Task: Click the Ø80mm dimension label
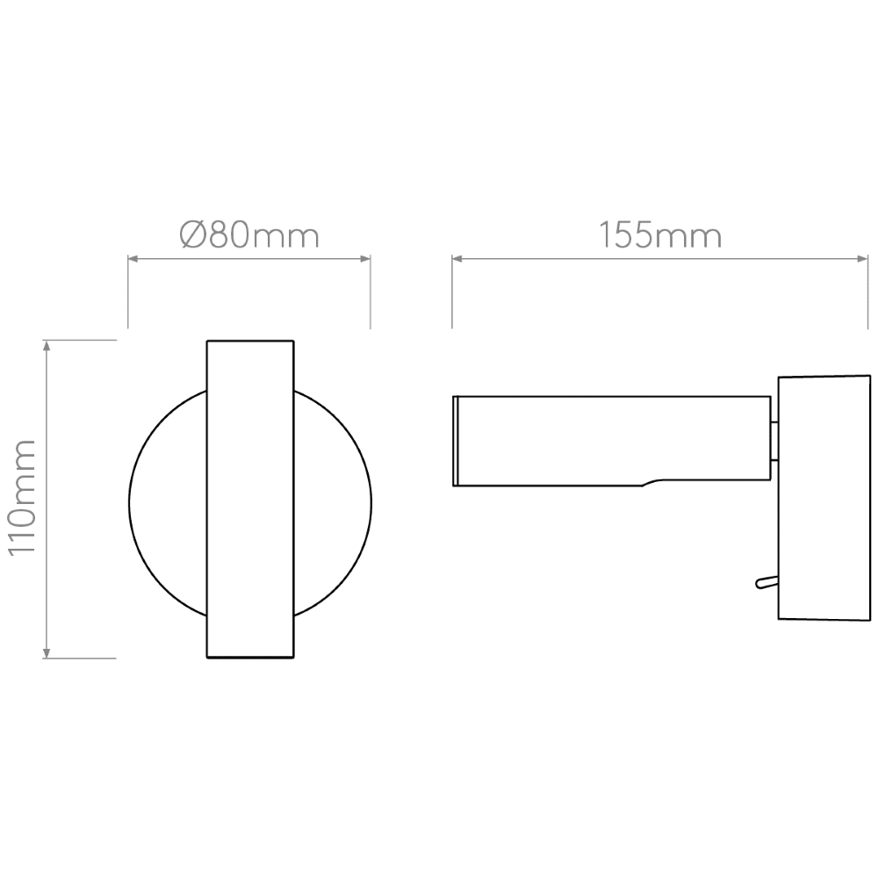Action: tap(248, 235)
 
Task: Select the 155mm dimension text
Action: tap(660, 235)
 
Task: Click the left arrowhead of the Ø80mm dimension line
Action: tap(133, 259)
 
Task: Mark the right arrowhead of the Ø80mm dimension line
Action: tap(365, 259)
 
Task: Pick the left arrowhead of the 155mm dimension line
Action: tap(457, 259)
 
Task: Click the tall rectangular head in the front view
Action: tap(249, 498)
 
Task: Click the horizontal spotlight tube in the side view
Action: tap(615, 439)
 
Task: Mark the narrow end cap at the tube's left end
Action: tap(456, 441)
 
